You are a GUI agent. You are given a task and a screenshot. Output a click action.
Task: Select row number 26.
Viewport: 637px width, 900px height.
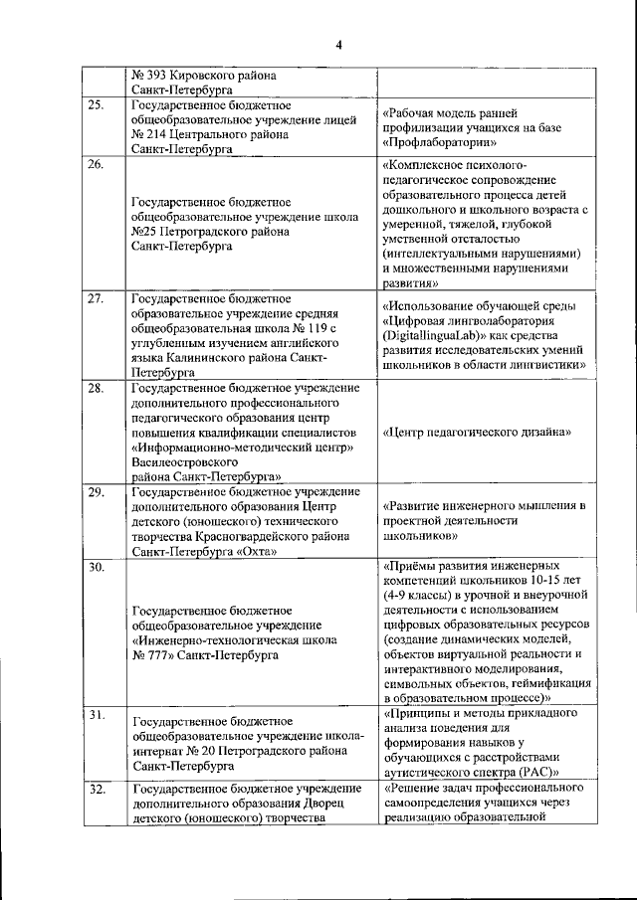96,164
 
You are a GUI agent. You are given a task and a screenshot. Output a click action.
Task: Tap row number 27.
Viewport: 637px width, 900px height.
96,298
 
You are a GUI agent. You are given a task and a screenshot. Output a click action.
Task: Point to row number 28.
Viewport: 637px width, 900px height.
96,388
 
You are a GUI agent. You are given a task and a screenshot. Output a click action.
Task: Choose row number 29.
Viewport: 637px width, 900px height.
96,492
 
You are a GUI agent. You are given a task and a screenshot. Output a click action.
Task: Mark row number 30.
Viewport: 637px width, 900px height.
96,567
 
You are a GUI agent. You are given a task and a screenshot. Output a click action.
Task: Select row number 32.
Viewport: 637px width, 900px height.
96,790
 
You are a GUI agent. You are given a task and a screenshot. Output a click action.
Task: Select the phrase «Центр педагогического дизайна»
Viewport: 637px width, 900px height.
477,433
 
